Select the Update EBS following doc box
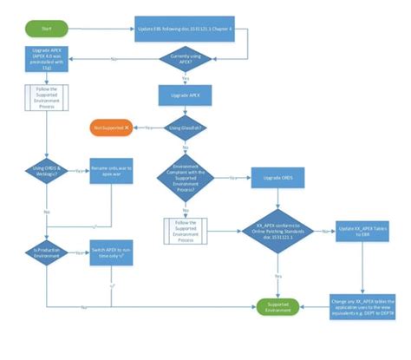click(x=192, y=29)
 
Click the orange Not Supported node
click(x=112, y=128)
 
